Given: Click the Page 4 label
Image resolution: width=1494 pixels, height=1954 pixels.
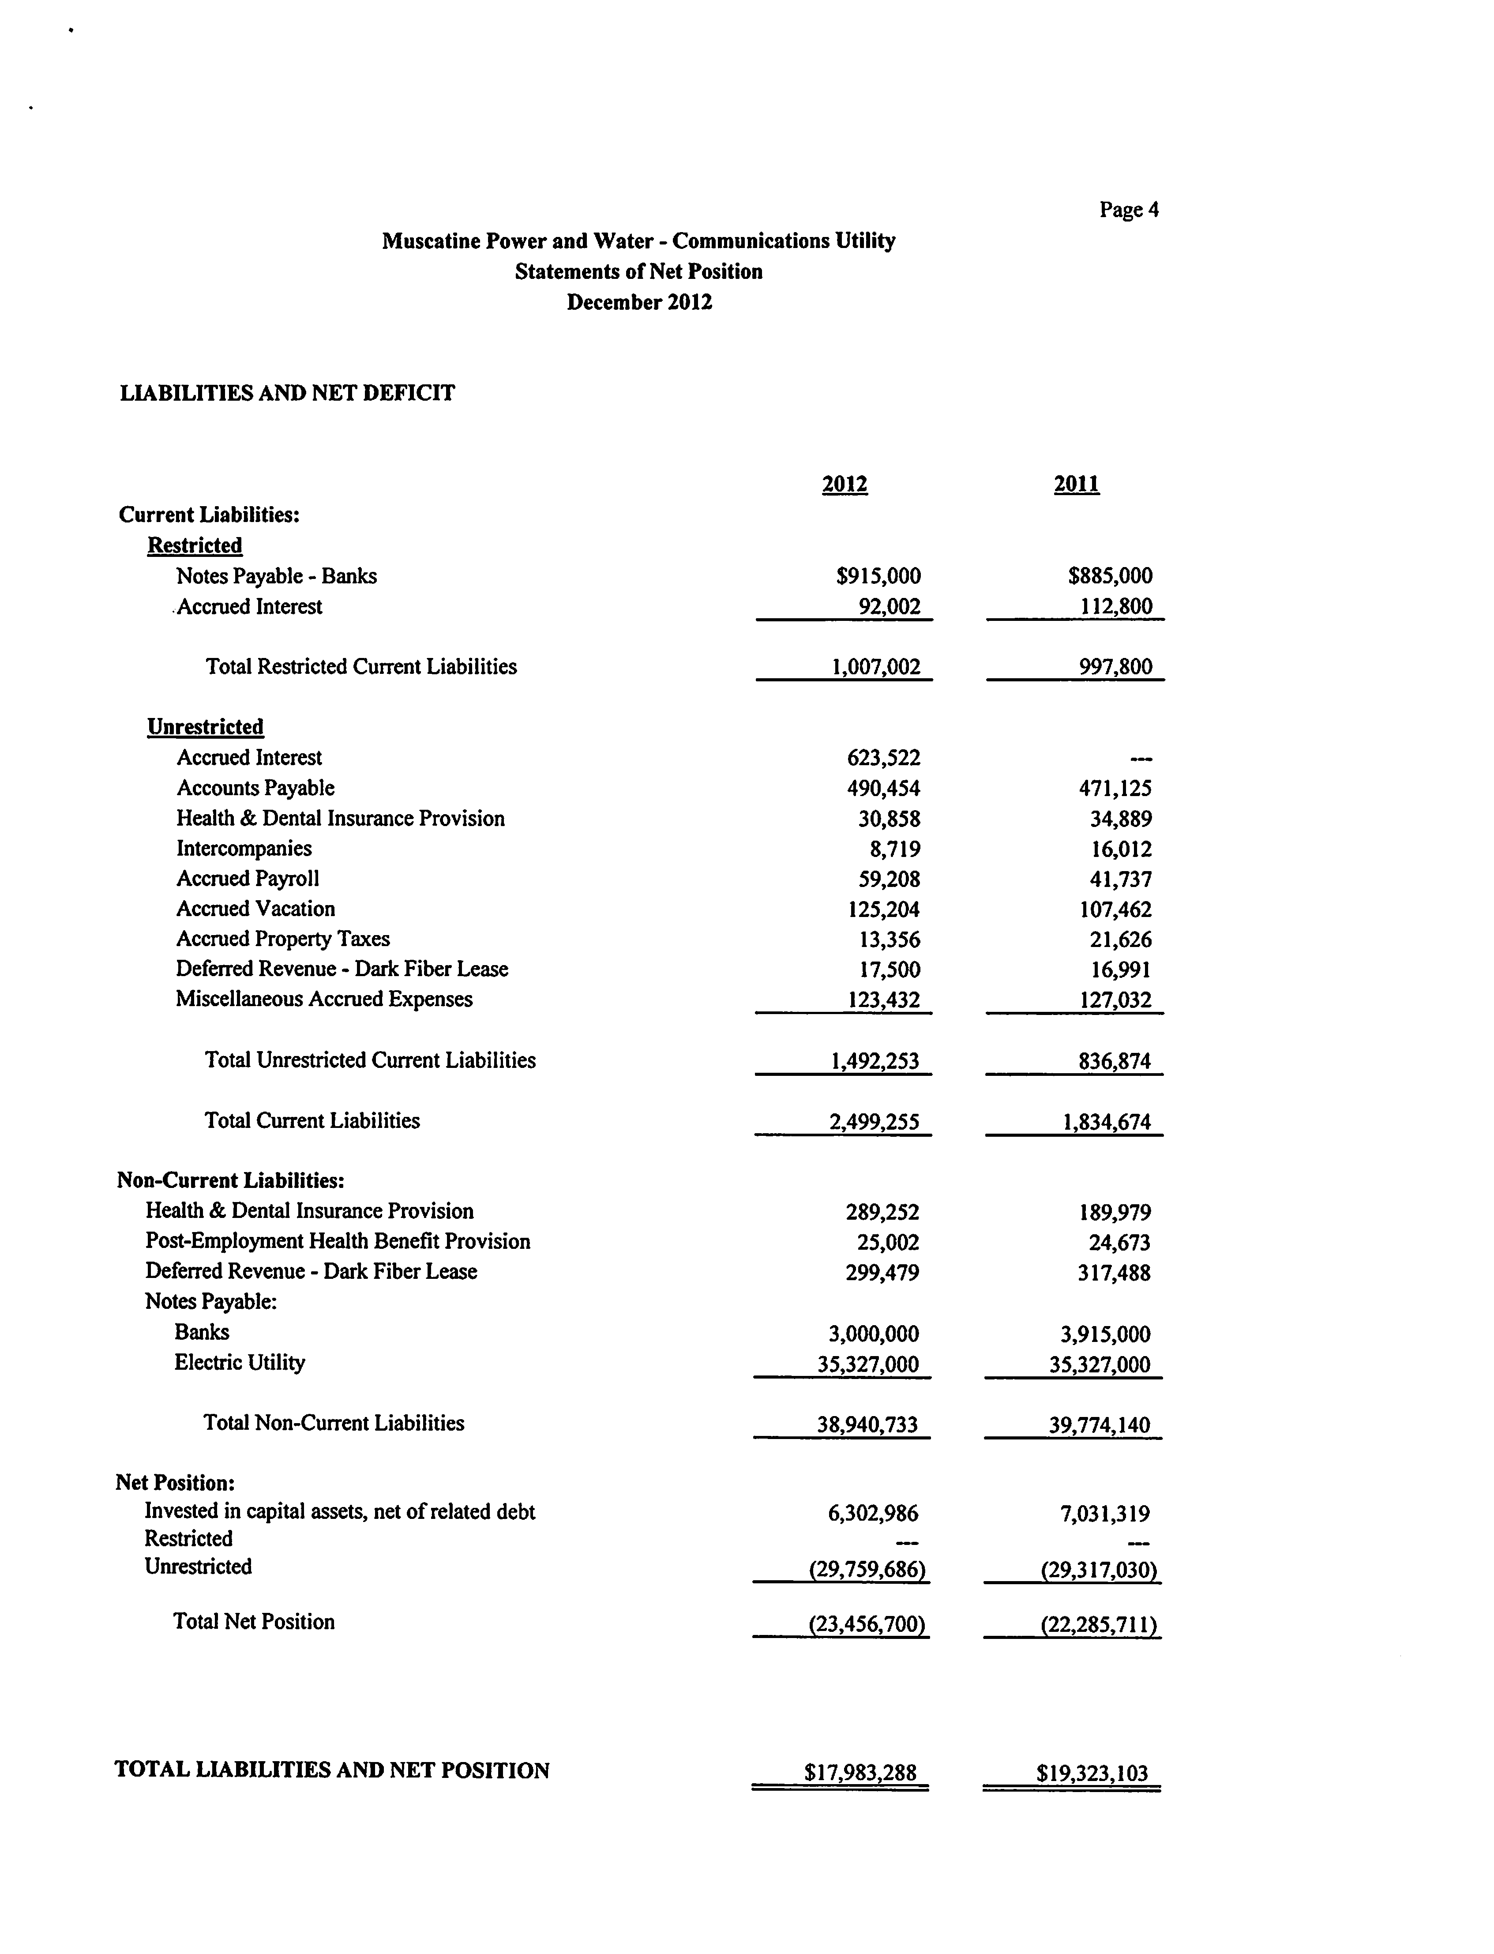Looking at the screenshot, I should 1129,210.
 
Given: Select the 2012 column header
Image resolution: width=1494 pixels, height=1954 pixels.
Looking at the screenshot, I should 844,485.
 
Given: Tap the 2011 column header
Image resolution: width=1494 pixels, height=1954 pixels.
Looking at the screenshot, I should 1076,485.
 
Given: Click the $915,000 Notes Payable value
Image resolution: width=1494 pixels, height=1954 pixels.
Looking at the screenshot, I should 878,576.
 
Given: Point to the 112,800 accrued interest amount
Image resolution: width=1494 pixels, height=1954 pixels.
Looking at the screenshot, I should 1115,607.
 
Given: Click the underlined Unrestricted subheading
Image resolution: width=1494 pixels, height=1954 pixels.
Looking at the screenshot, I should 206,727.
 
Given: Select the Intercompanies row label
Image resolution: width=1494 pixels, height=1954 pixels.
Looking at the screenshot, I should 244,849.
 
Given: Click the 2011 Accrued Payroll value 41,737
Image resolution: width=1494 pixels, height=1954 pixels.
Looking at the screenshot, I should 1121,879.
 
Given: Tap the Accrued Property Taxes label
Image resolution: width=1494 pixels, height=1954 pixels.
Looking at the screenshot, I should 283,939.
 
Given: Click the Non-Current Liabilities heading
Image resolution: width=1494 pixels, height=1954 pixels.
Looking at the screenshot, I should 230,1180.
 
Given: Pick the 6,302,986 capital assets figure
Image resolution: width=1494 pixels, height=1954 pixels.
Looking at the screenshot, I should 872,1513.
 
